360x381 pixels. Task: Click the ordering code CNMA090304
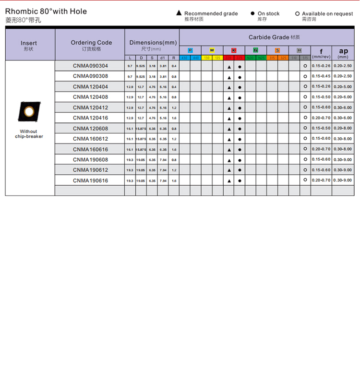coord(90,66)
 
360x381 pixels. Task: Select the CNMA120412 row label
coord(90,107)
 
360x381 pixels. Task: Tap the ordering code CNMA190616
coord(90,180)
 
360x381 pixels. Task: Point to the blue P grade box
coord(190,50)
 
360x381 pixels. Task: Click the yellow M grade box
coord(212,50)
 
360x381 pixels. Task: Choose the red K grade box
coord(234,50)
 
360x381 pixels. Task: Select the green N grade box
coord(255,50)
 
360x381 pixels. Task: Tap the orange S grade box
coord(277,50)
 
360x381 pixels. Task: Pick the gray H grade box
coord(299,50)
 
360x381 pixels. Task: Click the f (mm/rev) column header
coord(321,53)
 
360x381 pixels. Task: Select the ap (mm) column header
coord(343,53)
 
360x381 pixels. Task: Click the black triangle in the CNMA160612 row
coord(229,139)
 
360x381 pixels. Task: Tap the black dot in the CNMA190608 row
coord(240,160)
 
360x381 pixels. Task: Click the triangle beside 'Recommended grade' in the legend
coord(179,13)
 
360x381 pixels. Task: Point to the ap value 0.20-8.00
coord(343,128)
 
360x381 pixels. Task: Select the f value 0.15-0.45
coord(321,76)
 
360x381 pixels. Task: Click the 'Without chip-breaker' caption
coord(29,134)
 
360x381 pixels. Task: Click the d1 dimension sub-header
coord(163,58)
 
